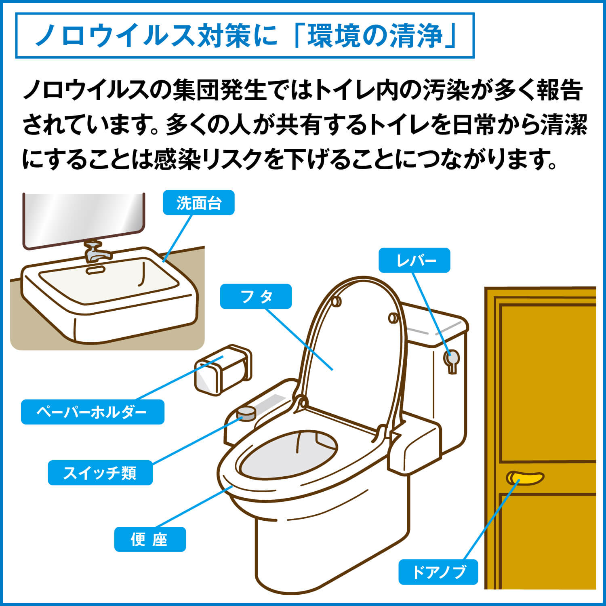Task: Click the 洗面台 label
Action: click(198, 202)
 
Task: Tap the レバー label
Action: click(414, 260)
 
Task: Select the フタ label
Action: click(256, 297)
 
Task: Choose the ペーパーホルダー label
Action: click(93, 412)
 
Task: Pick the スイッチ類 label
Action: click(100, 473)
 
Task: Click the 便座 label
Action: click(150, 539)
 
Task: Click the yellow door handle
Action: click(525, 478)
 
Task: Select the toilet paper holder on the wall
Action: click(223, 369)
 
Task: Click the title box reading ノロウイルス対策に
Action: click(245, 36)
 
